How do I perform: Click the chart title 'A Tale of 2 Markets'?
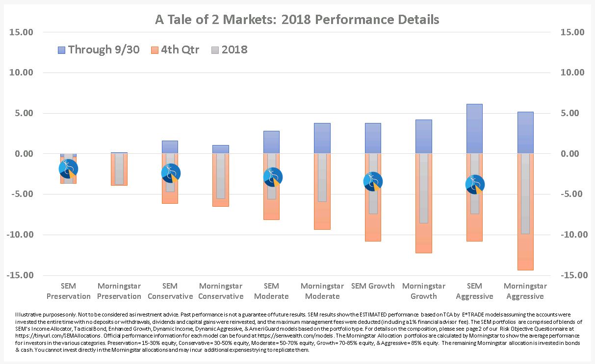pyautogui.click(x=297, y=20)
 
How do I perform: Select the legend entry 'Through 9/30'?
pyautogui.click(x=99, y=49)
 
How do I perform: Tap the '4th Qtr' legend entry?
pyautogui.click(x=175, y=49)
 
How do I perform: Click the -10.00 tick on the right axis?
pyautogui.click(x=571, y=235)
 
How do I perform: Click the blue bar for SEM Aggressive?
pyautogui.click(x=474, y=128)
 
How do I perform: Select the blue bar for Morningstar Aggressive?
pyautogui.click(x=525, y=132)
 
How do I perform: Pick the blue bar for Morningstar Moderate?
pyautogui.click(x=322, y=138)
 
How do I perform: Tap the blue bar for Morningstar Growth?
pyautogui.click(x=423, y=136)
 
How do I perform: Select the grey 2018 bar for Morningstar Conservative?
pyautogui.click(x=221, y=176)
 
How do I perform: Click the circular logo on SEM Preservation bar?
pyautogui.click(x=68, y=169)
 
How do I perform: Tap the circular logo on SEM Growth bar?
pyautogui.click(x=373, y=182)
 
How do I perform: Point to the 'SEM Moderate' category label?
pyautogui.click(x=271, y=291)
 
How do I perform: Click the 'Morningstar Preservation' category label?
pyautogui.click(x=119, y=291)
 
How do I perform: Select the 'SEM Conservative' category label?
pyautogui.click(x=170, y=291)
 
